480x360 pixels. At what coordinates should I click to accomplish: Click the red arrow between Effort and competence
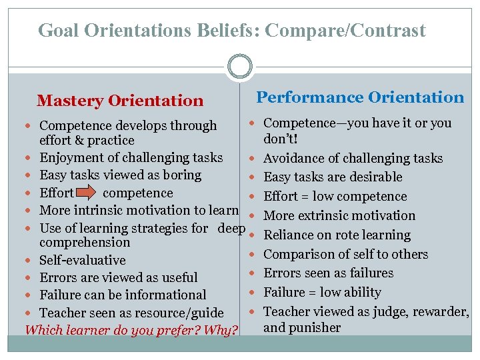click(87, 193)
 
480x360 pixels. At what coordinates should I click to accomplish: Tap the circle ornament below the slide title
click(240, 67)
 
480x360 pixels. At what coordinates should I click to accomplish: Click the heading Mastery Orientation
click(120, 101)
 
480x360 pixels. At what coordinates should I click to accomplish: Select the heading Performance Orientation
click(360, 97)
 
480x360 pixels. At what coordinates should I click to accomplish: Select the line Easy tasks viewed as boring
click(120, 175)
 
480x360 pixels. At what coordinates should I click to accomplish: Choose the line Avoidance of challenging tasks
click(353, 159)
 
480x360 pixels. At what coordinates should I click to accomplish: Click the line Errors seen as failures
click(328, 273)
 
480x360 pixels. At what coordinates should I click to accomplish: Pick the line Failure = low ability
click(322, 293)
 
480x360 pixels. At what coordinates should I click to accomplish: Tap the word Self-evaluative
click(83, 261)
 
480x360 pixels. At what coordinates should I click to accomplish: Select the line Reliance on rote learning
click(337, 235)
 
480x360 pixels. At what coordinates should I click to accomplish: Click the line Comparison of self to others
click(345, 255)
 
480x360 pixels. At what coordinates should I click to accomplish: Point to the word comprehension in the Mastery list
click(85, 243)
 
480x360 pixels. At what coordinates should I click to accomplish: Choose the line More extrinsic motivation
click(339, 216)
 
